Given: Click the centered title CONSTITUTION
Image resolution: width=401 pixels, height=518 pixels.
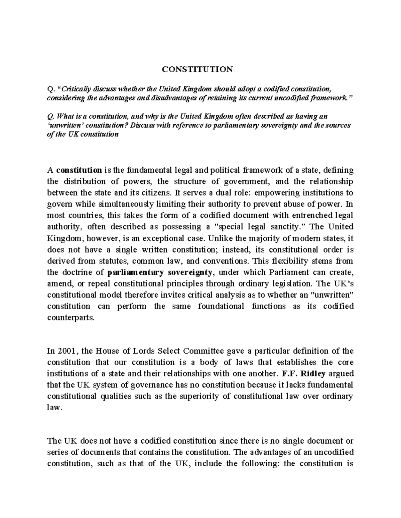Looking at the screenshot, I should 197,69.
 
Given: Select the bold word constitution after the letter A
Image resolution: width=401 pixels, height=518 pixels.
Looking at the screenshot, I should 79,170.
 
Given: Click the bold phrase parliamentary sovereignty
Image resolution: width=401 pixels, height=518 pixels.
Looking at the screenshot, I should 160,272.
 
